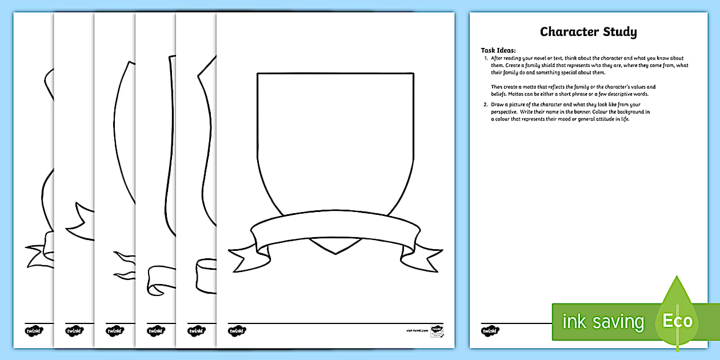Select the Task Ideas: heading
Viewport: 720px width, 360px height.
(x=498, y=50)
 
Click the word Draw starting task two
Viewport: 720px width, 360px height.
(x=497, y=105)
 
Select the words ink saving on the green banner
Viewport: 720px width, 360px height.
(x=603, y=321)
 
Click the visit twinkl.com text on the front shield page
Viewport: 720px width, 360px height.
(x=417, y=330)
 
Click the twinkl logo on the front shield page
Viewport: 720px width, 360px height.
(x=236, y=330)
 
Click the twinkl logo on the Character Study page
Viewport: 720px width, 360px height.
(x=490, y=330)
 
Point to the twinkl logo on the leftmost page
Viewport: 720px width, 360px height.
(x=33, y=330)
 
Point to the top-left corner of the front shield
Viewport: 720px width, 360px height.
(x=258, y=74)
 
